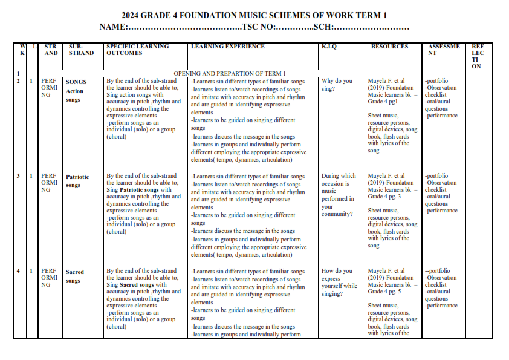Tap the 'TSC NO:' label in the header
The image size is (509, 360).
tap(259, 27)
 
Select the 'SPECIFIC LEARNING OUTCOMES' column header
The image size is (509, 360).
tap(138, 50)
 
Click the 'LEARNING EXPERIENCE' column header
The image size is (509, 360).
tap(228, 47)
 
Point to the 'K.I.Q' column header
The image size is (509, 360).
tap(329, 47)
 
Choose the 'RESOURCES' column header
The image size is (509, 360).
tap(389, 47)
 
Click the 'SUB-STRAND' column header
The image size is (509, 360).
tap(81, 50)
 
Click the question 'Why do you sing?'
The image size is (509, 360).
tap(337, 85)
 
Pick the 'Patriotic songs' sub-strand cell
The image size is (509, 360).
tap(77, 181)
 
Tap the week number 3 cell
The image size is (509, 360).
tap(19, 176)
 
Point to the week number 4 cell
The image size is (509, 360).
tap(19, 271)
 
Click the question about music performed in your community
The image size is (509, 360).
tap(339, 195)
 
